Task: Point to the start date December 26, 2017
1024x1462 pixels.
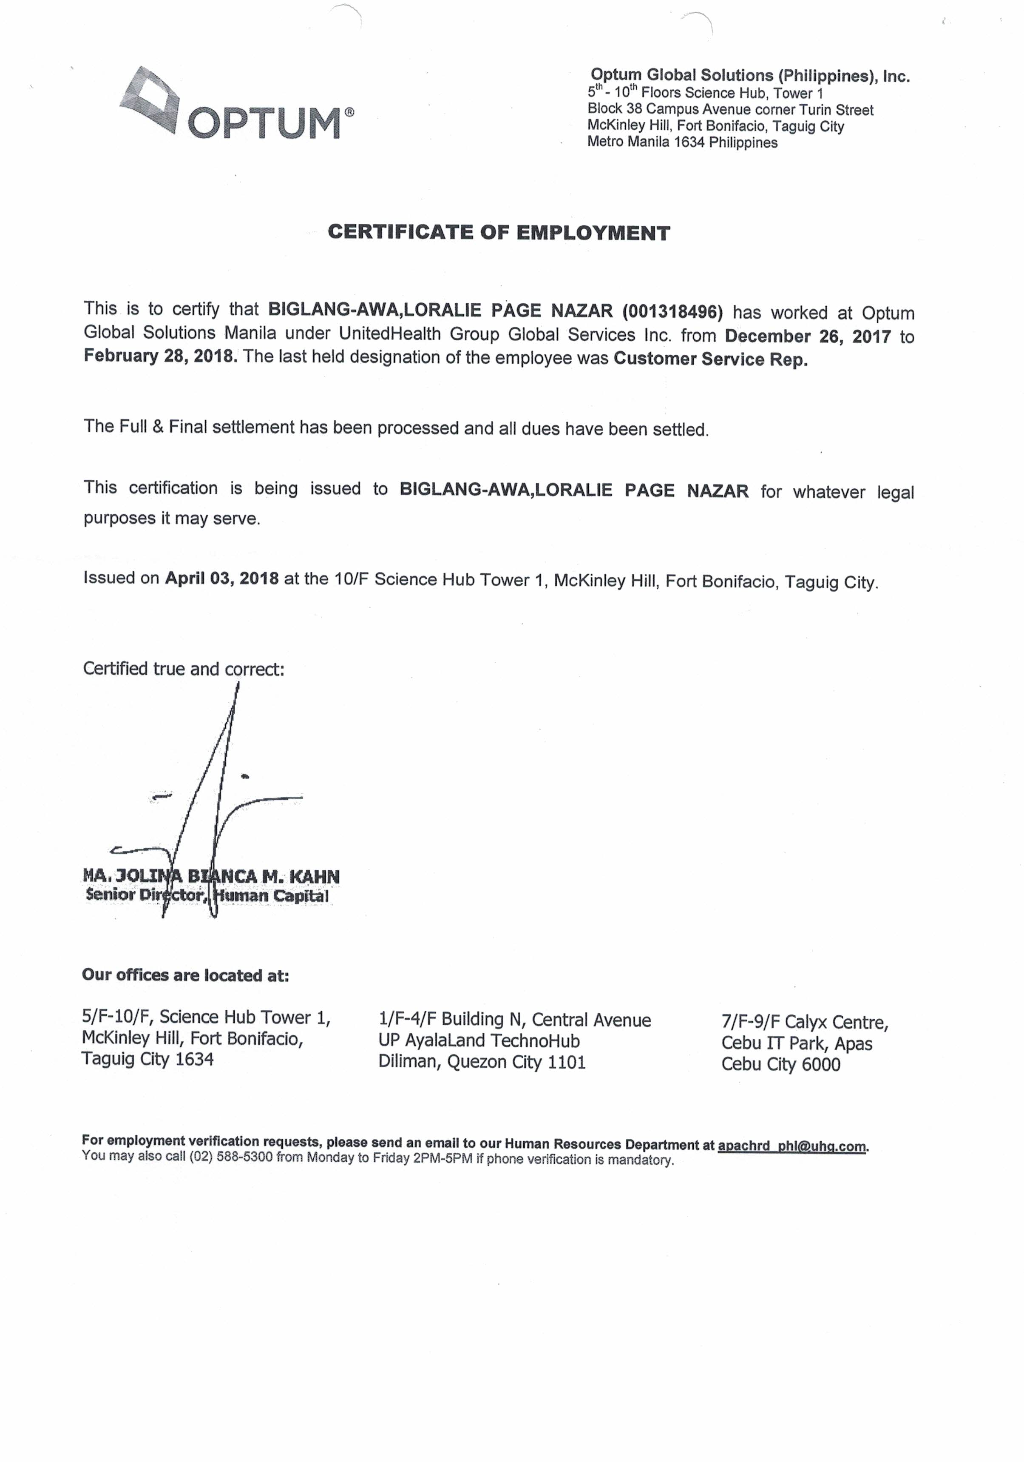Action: pos(808,336)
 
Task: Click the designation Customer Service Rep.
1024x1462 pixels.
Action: pos(710,359)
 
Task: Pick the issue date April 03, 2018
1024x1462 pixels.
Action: pos(221,578)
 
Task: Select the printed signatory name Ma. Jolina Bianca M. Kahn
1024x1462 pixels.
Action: pos(211,876)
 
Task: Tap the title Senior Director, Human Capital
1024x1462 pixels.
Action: pos(207,895)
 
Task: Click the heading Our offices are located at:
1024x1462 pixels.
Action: pos(185,975)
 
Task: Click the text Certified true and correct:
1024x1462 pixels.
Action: pos(183,669)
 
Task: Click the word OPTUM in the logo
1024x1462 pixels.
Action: pos(264,123)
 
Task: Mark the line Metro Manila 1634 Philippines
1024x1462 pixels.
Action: pos(682,142)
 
